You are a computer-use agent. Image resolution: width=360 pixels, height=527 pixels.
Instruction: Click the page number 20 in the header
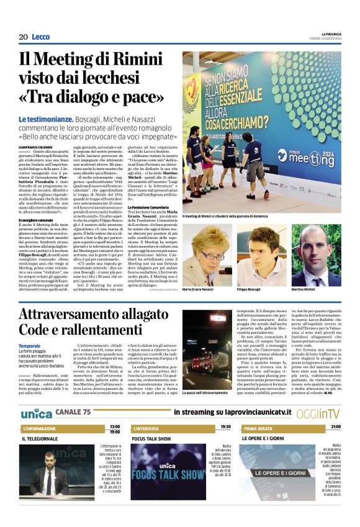pyautogui.click(x=24, y=37)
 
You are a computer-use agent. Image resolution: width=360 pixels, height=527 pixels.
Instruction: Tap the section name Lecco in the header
pyautogui.click(x=41, y=37)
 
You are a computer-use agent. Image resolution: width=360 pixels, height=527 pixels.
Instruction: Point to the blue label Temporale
pyautogui.click(x=30, y=346)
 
